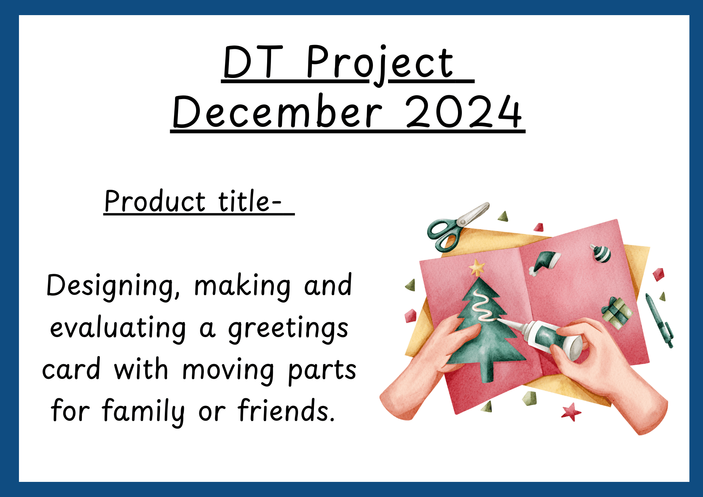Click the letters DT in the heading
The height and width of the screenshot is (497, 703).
tap(253, 62)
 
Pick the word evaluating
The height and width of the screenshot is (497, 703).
tap(118, 328)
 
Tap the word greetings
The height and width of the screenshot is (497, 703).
tap(288, 329)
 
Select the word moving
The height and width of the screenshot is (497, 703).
tap(228, 371)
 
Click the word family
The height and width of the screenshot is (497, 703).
tap(143, 412)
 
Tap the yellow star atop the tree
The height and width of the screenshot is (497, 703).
tap(477, 267)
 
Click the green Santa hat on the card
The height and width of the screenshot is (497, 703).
tap(544, 263)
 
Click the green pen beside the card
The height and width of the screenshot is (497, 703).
tap(659, 321)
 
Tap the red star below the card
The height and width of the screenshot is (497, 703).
tap(571, 412)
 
